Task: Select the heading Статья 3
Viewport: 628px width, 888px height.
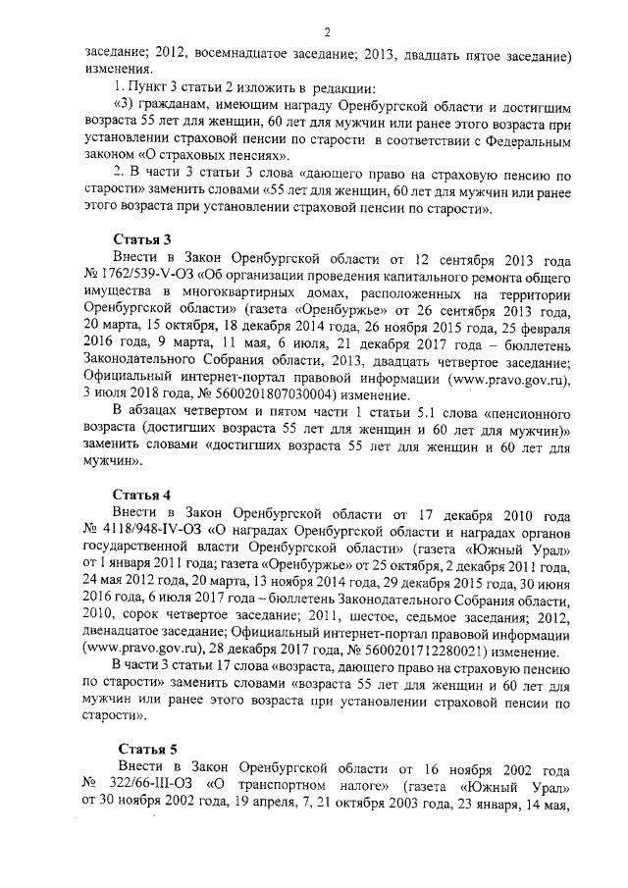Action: coord(142,239)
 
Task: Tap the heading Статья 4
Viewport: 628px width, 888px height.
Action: coord(142,493)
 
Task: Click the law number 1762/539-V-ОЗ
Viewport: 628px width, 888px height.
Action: coord(138,274)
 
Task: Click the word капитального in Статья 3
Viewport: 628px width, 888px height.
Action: coord(428,274)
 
